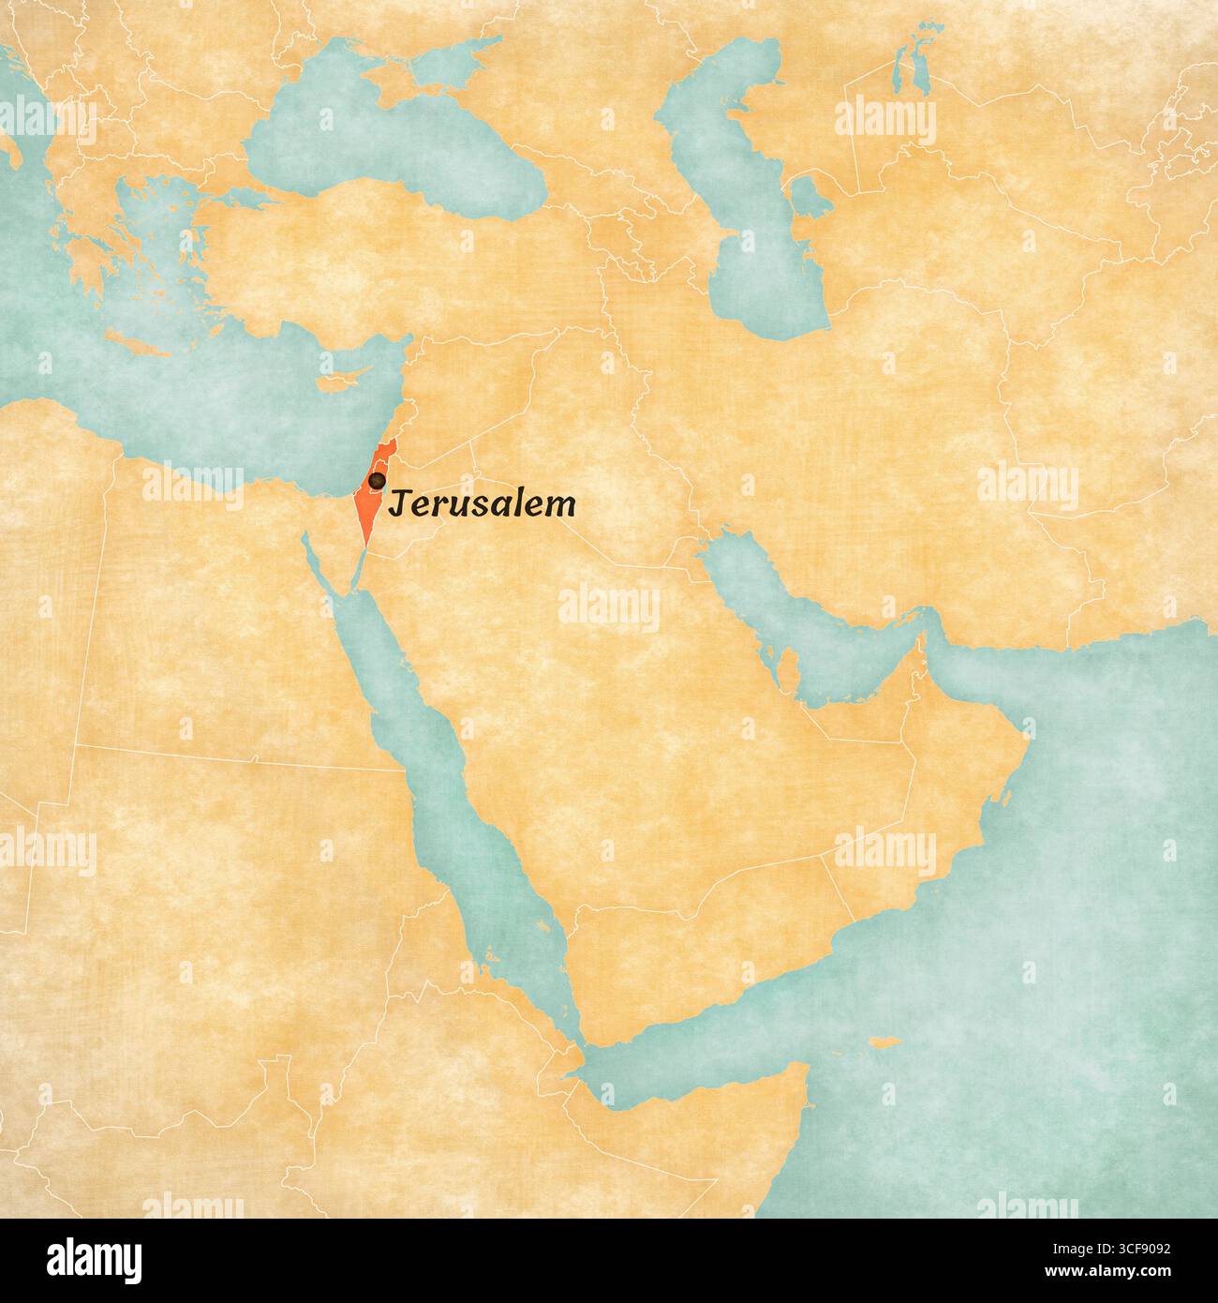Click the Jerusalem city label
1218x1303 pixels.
(x=482, y=505)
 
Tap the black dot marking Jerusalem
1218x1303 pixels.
(x=376, y=480)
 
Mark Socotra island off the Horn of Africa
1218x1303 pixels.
(x=884, y=1043)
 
